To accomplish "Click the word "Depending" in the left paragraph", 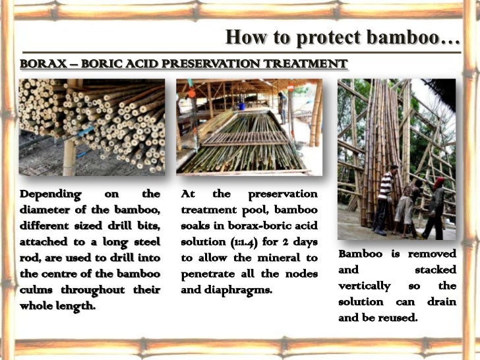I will point(51,194).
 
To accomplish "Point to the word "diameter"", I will point(47,210).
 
